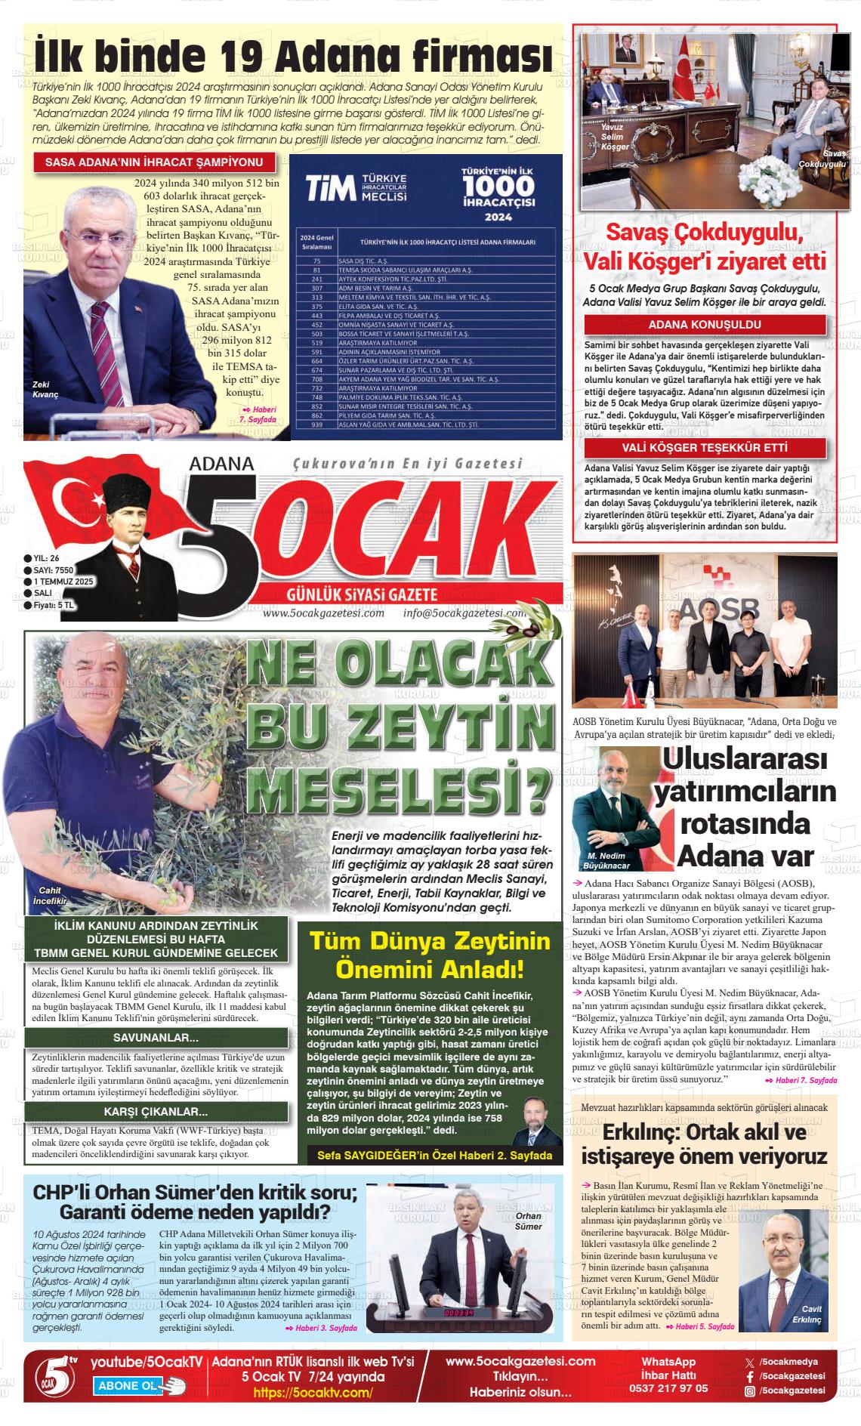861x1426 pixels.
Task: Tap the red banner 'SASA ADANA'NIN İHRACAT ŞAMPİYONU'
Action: click(154, 162)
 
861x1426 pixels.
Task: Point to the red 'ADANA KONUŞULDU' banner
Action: click(705, 326)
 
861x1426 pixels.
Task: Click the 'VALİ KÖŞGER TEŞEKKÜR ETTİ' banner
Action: click(705, 448)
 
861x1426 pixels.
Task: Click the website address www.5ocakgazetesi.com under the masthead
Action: click(323, 613)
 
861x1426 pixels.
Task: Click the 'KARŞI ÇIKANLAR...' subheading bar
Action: click(156, 1111)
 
